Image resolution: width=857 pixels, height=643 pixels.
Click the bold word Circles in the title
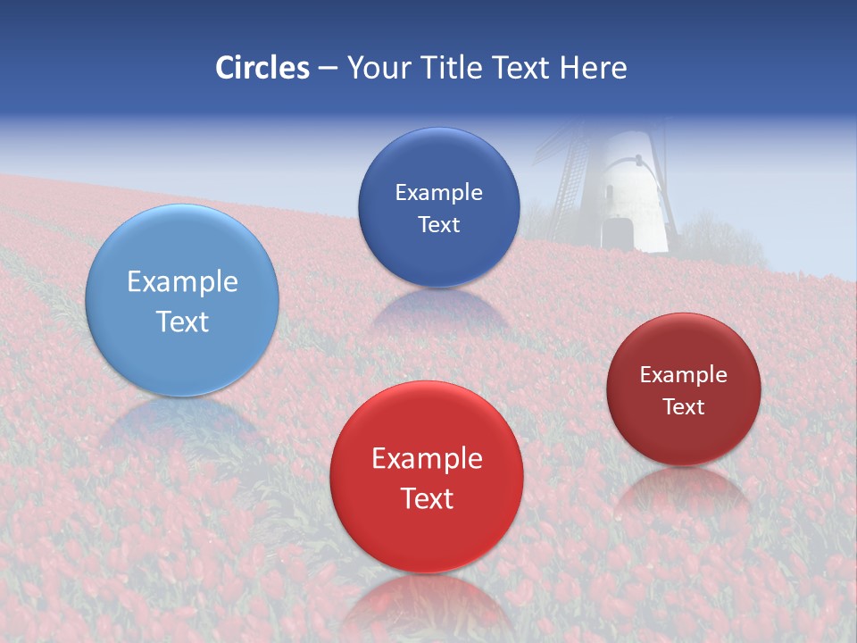coord(262,68)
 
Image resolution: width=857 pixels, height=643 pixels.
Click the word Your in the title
coord(378,68)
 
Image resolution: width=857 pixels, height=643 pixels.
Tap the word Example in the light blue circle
coord(182,282)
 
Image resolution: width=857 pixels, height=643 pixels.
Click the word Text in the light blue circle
coord(182,321)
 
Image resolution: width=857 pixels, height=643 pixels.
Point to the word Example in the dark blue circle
coord(438,193)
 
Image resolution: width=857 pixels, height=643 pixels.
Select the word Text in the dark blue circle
coord(438,225)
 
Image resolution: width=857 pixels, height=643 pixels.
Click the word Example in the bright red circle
coord(427,459)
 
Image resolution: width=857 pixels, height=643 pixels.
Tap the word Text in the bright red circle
coord(427,498)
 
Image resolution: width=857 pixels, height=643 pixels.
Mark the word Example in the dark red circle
coord(683,375)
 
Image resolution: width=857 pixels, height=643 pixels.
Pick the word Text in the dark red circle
coord(683,407)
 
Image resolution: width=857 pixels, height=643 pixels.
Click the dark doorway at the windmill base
coord(616,234)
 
